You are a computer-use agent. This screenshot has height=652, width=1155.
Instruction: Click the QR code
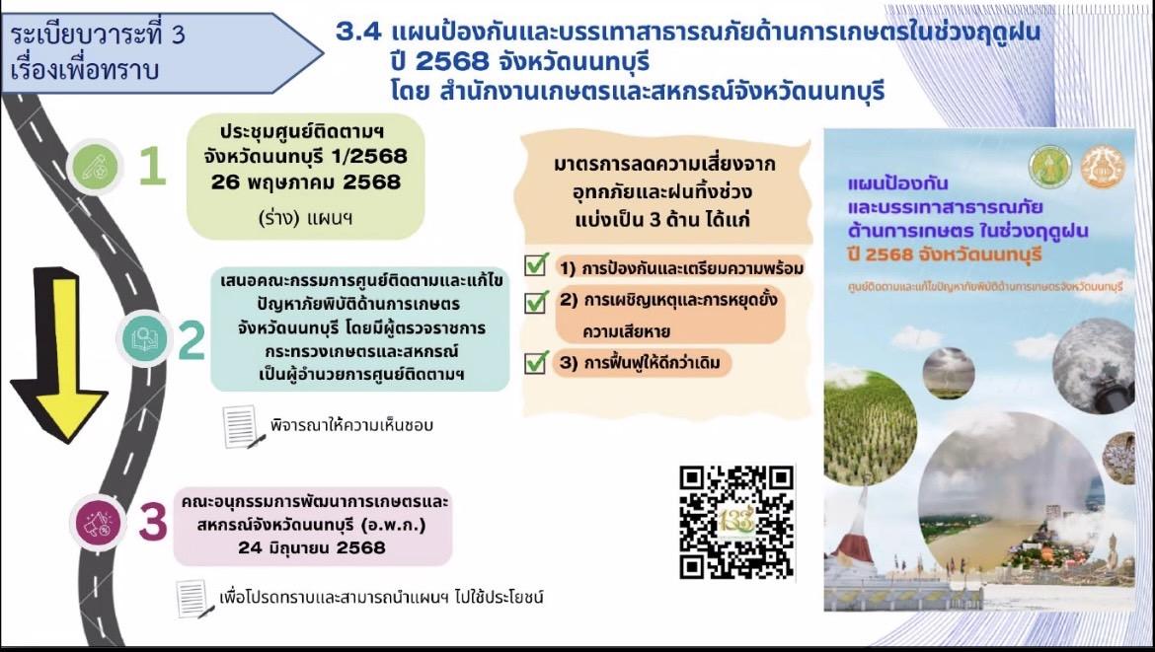(x=737, y=522)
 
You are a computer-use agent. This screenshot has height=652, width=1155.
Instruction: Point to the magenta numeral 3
(x=151, y=522)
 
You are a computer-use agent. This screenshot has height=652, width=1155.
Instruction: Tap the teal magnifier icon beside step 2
(x=145, y=339)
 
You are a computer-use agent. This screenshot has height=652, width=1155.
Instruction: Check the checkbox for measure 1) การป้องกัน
(x=536, y=266)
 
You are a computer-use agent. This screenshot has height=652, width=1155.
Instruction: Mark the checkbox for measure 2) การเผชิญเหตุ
(x=536, y=301)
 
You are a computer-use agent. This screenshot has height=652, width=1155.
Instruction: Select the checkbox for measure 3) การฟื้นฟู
(x=536, y=362)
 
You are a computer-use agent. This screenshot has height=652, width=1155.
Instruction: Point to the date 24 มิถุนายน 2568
(x=311, y=547)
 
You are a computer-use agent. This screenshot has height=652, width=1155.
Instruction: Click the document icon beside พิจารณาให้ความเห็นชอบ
(x=242, y=426)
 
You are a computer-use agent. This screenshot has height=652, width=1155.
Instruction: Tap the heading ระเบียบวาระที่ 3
(x=97, y=36)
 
